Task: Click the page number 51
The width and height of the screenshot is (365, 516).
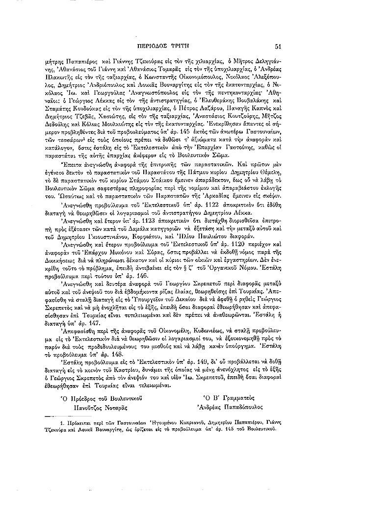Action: pyautogui.click(x=278, y=47)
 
